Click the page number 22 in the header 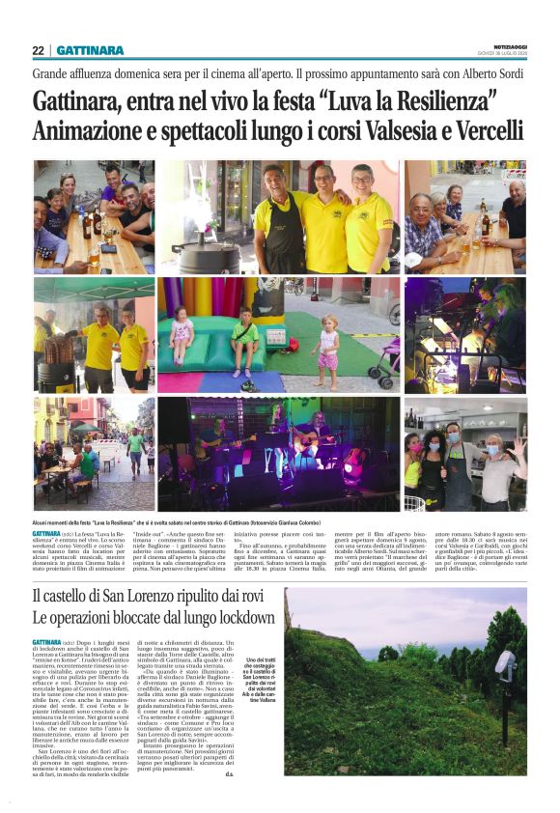[38, 50]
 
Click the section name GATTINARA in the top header [90, 50]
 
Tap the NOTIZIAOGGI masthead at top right [506, 46]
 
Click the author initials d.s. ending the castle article [255, 773]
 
